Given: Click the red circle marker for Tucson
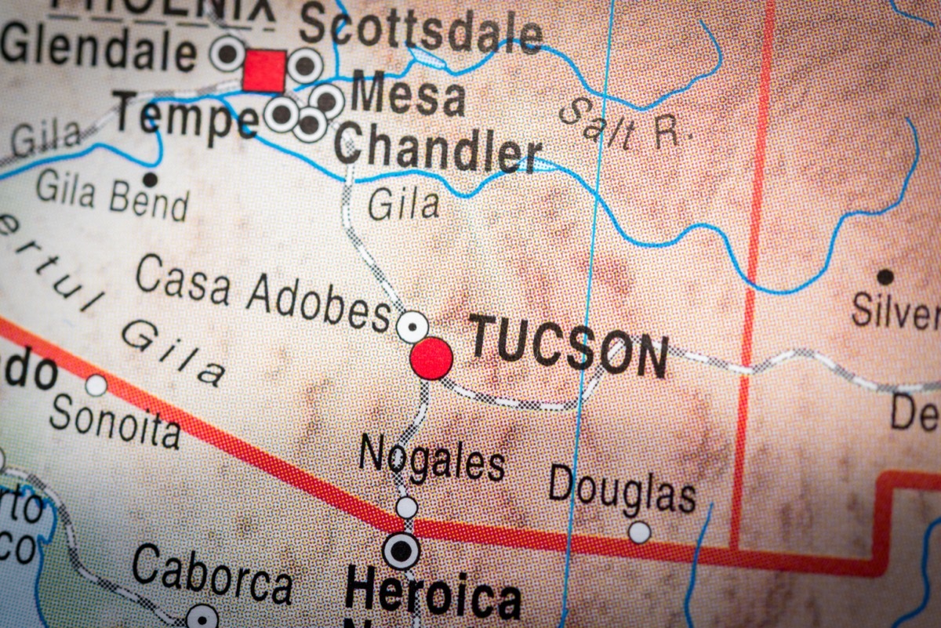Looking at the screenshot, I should (431, 358).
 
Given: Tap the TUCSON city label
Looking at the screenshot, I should (568, 347).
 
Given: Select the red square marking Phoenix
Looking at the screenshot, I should (264, 71).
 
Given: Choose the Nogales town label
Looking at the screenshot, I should (431, 457).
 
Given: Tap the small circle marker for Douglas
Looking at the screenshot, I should (640, 532).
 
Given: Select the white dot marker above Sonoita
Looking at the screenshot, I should (96, 385).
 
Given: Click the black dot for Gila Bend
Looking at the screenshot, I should (150, 180).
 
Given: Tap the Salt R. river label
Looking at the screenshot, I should (624, 125).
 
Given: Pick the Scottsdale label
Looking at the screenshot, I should (420, 30).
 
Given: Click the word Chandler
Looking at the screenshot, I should (438, 150).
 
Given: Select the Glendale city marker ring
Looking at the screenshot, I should (227, 53).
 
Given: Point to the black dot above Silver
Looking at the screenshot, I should (885, 277).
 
